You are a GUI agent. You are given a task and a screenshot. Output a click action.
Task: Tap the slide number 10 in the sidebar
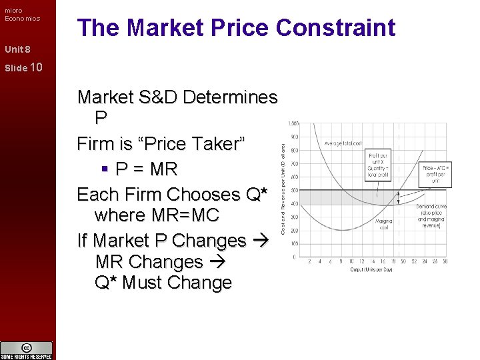[x=36, y=67]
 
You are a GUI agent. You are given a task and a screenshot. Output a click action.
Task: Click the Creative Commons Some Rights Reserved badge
[x=27, y=350]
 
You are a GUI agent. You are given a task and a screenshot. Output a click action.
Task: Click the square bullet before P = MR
[x=106, y=170]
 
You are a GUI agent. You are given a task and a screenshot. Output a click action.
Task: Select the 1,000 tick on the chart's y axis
[x=293, y=123]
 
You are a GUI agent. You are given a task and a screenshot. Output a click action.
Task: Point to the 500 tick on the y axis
[x=295, y=191]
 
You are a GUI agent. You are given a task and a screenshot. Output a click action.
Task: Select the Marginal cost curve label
[x=383, y=223]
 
